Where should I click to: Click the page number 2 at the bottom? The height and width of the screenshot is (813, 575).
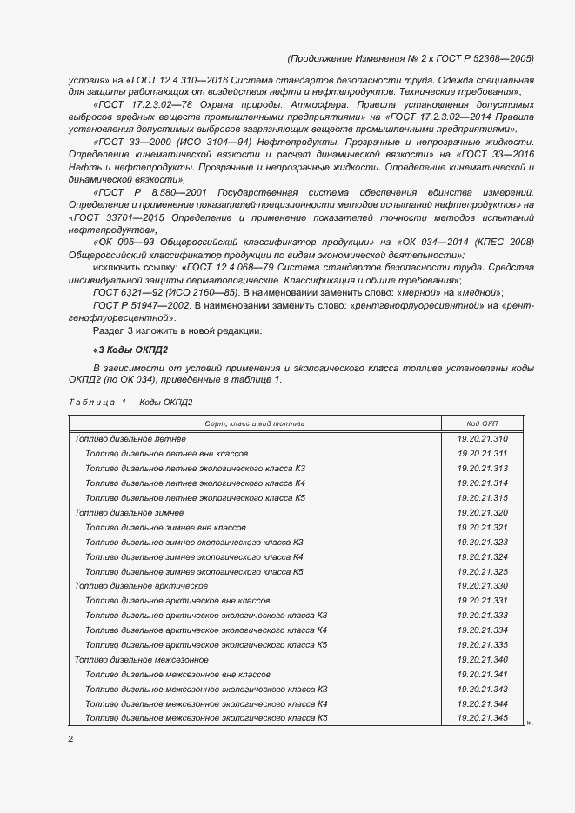point(70,739)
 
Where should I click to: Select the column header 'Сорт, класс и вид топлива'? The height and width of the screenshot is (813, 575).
point(254,423)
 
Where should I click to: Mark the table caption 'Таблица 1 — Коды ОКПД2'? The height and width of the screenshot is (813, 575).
point(130,402)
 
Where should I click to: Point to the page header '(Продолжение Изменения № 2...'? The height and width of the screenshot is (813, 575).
point(409,59)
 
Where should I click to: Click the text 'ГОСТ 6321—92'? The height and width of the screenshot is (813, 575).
point(124,294)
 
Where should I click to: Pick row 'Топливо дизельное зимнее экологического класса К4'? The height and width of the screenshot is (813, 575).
point(193,556)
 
